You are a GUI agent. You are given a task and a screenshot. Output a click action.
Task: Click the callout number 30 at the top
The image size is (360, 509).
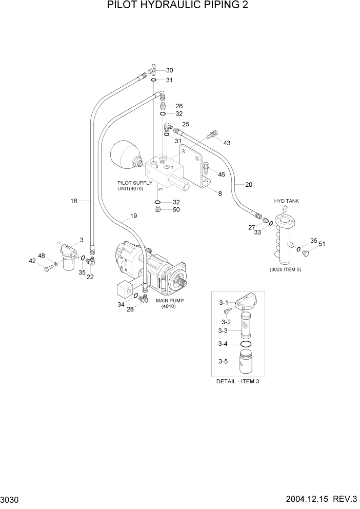169,70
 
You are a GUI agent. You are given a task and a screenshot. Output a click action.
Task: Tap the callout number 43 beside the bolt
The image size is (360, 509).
227,143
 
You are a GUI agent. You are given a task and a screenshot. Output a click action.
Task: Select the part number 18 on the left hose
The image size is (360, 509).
74,201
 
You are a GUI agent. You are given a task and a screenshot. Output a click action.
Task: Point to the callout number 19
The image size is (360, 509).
133,216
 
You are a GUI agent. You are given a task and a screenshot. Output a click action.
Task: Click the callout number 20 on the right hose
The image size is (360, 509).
249,185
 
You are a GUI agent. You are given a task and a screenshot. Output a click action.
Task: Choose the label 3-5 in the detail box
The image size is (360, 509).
223,361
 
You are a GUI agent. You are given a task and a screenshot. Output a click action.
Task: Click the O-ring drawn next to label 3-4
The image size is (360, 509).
246,344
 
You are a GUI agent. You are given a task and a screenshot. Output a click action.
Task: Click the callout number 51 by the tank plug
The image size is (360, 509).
322,244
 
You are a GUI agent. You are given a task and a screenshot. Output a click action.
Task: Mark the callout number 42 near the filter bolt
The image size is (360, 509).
32,261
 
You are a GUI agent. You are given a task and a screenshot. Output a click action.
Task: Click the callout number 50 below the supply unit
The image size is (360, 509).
176,210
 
